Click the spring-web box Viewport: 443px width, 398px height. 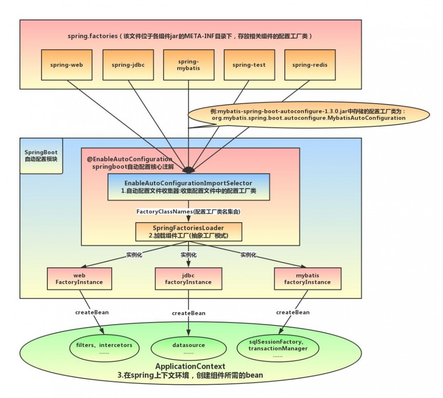66,65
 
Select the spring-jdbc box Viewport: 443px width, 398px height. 128,65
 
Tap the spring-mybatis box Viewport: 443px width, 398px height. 189,65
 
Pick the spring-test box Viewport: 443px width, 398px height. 249,65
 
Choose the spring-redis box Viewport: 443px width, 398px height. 310,65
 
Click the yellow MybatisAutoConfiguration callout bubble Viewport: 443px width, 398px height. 308,115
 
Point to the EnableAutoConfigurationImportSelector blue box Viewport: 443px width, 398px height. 188,186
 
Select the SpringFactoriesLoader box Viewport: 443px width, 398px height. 188,232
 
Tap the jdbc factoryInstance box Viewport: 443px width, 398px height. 188,278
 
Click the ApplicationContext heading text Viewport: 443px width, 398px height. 190,366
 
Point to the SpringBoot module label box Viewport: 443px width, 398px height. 41,155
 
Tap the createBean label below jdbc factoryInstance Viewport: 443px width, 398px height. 189,313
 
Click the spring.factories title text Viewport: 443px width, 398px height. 190,36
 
